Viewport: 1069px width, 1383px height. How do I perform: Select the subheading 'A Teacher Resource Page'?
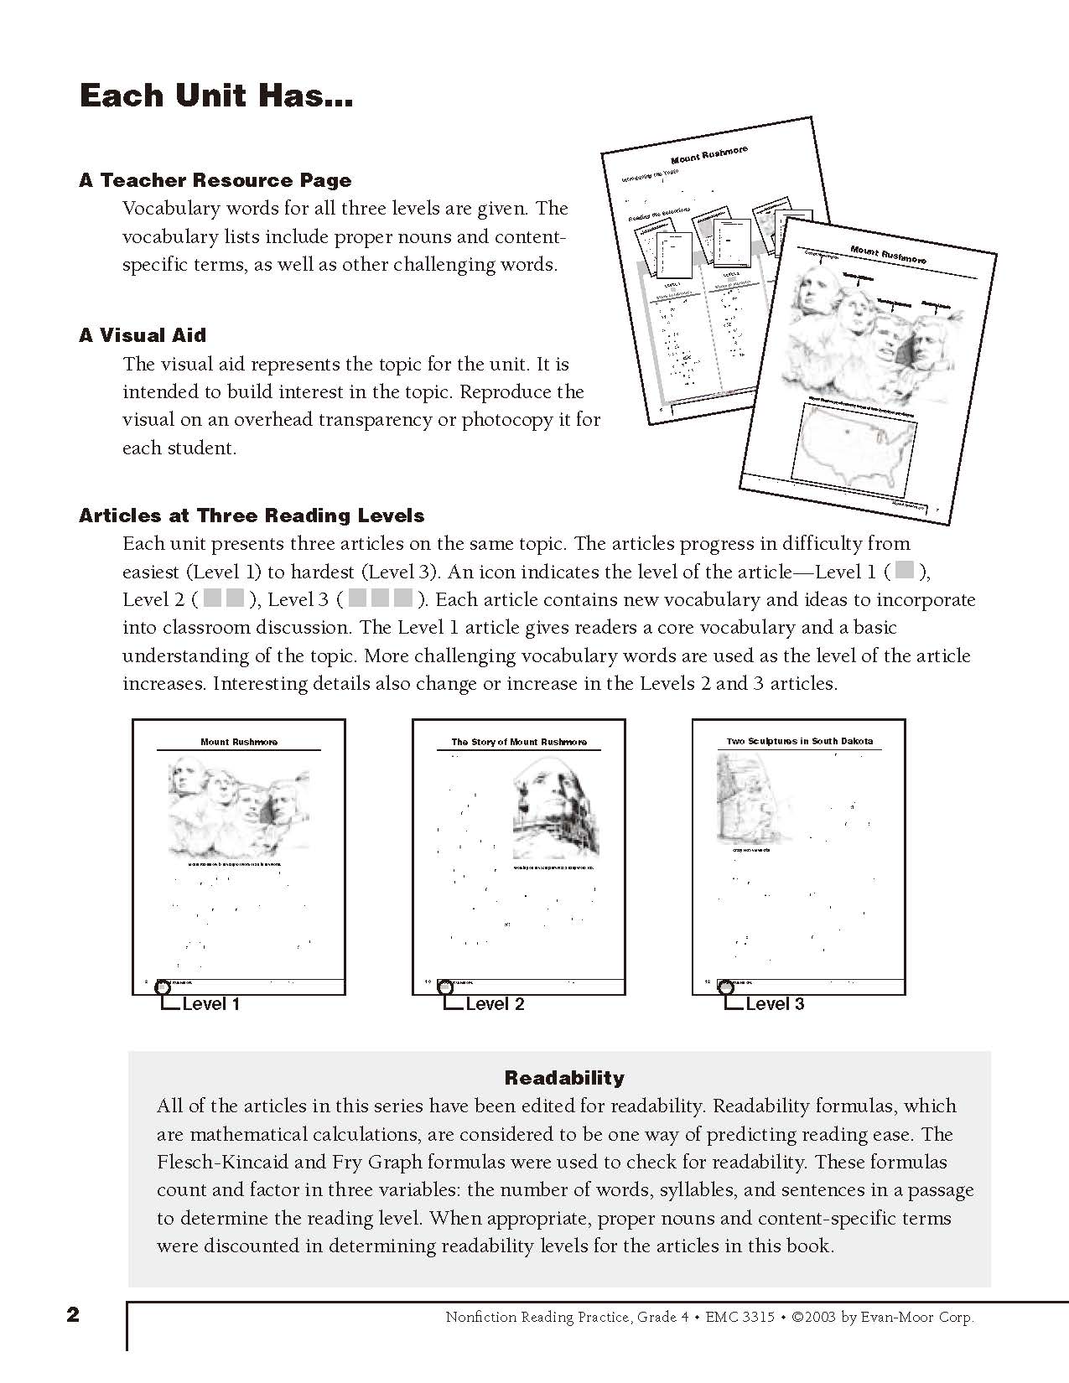(x=215, y=180)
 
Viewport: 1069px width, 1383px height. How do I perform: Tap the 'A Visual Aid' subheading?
(x=143, y=335)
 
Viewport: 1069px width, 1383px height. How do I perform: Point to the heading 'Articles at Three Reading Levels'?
(x=252, y=515)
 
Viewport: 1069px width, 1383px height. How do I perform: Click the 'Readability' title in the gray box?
(x=564, y=1078)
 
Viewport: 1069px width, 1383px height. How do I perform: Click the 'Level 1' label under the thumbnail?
(x=210, y=1004)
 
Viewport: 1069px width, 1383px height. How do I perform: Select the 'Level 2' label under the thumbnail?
(x=495, y=1004)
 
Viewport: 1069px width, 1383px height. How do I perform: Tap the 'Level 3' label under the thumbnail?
(x=775, y=1004)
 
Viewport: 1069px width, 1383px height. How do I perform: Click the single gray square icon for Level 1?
(x=904, y=571)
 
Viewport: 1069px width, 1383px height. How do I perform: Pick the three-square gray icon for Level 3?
(x=381, y=598)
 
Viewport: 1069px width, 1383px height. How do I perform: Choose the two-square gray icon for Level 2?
(x=224, y=598)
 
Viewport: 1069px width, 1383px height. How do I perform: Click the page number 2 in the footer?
(x=73, y=1315)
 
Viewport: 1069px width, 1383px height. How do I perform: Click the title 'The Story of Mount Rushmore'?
(x=519, y=742)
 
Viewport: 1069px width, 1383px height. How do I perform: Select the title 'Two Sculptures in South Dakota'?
(x=799, y=741)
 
